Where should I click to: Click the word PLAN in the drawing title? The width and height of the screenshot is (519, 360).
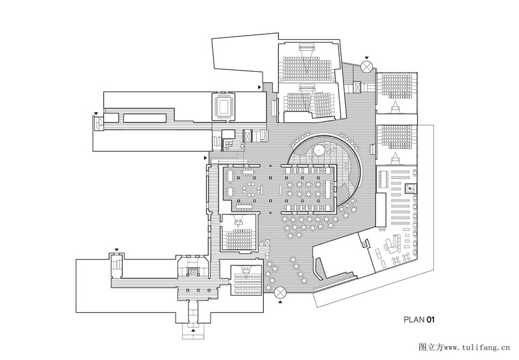414,320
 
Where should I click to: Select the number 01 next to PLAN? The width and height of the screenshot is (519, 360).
430,320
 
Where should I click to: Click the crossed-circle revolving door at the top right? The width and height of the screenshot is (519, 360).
366,66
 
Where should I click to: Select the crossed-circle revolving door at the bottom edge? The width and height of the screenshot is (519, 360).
281,292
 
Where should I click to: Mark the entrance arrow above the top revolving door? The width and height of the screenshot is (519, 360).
366,58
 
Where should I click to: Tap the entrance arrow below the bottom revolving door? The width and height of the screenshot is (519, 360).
281,302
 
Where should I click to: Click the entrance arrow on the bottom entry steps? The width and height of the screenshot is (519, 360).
193,330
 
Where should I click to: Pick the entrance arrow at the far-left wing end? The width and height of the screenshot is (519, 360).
96,114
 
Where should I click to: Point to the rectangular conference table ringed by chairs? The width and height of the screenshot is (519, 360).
223,106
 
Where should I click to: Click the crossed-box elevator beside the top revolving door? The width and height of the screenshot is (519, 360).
357,87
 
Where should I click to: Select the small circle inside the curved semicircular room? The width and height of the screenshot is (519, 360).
319,150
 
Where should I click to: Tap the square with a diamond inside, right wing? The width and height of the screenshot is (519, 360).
410,189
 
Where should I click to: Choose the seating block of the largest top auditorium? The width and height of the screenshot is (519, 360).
307,69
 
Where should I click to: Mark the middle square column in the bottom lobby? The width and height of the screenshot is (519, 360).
199,290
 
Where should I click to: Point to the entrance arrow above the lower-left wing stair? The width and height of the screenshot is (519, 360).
116,250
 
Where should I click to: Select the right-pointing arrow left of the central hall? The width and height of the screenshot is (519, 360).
205,158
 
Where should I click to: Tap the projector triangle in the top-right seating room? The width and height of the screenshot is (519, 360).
395,106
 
